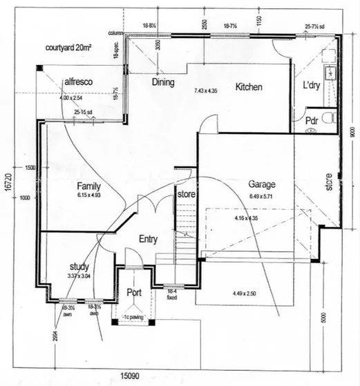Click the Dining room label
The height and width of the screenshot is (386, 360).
coord(163,82)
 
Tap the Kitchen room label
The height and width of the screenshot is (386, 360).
coord(252,87)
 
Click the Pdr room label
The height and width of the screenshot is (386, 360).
coord(311,119)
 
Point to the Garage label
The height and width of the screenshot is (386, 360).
coord(262,184)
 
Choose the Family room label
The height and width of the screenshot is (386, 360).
coord(89,186)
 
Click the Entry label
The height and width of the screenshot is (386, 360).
coord(148,239)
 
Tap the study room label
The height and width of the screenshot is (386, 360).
coord(80,267)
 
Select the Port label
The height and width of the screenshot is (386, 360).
coord(134,291)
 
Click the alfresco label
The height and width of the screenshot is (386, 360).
coord(78,81)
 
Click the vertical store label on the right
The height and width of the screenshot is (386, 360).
coord(330,182)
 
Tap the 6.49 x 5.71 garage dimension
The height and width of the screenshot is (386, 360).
coord(264,195)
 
